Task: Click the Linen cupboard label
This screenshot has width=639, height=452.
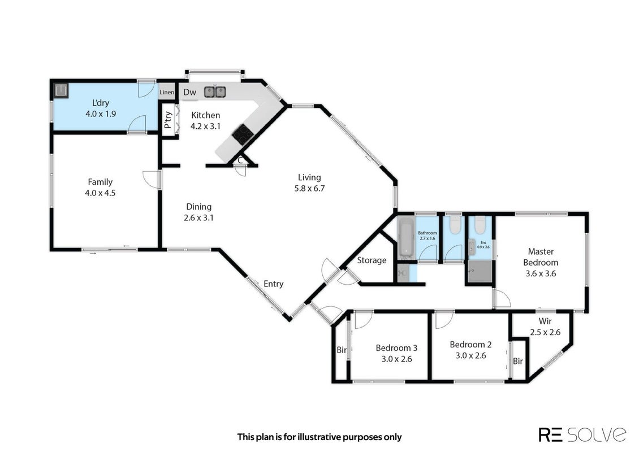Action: pyautogui.click(x=167, y=93)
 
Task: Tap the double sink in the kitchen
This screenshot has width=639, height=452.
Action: pyautogui.click(x=215, y=92)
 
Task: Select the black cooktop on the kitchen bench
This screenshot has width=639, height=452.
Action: pyautogui.click(x=243, y=134)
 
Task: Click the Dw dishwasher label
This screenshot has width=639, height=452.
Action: pyautogui.click(x=189, y=92)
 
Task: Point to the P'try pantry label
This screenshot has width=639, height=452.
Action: pyautogui.click(x=168, y=120)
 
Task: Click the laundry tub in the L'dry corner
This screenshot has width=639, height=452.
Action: pyautogui.click(x=61, y=90)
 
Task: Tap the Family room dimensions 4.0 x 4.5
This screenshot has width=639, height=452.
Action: pyautogui.click(x=100, y=193)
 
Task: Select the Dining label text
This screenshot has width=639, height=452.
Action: pyautogui.click(x=199, y=207)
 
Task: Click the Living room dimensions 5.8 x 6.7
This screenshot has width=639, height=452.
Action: pyautogui.click(x=310, y=189)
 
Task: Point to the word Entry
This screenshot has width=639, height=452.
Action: pyautogui.click(x=274, y=284)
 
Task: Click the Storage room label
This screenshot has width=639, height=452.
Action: pyautogui.click(x=372, y=260)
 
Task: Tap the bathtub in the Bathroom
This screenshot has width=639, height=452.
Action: pyautogui.click(x=406, y=238)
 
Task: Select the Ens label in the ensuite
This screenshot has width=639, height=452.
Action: pyautogui.click(x=483, y=243)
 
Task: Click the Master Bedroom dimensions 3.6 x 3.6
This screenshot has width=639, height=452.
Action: pyautogui.click(x=541, y=273)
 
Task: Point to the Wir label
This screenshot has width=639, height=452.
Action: pyautogui.click(x=545, y=321)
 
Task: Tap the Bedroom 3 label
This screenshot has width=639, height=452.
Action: pyautogui.click(x=396, y=347)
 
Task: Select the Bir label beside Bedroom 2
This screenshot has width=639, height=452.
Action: pyautogui.click(x=517, y=361)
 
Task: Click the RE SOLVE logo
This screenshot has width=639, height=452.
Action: pyautogui.click(x=582, y=434)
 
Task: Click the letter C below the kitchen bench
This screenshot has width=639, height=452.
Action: pyautogui.click(x=240, y=160)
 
